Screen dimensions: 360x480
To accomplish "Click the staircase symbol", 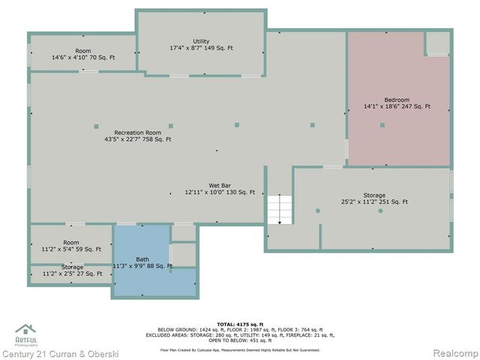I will point(280,209).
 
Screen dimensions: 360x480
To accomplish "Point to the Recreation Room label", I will point(138,132).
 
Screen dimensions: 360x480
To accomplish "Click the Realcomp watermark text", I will point(452,353).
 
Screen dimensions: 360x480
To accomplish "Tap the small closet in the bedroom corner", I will point(438,43).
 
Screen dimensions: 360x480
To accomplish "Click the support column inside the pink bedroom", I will point(382,125).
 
